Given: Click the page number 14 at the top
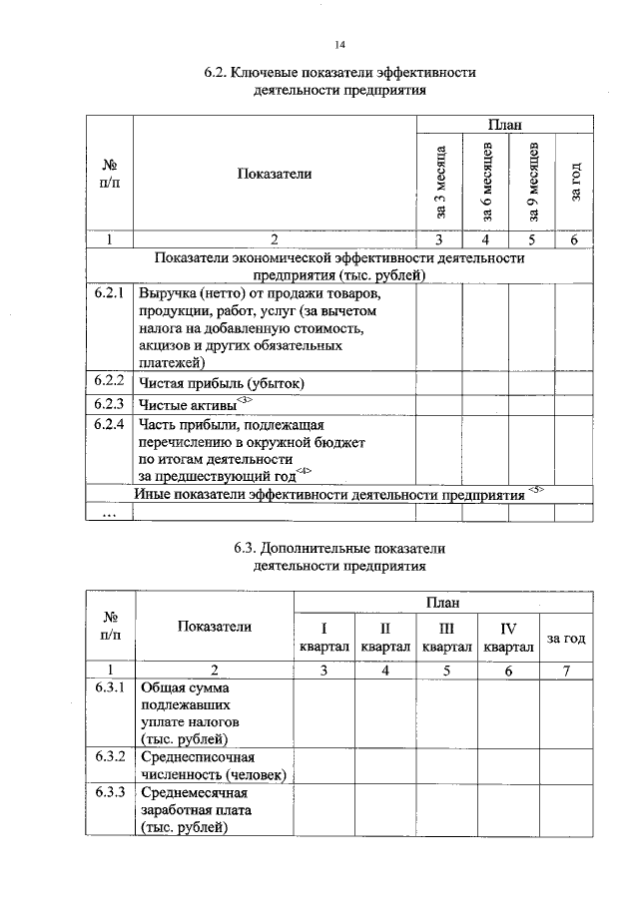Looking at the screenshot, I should click(339, 44).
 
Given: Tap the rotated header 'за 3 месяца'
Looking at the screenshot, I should click(440, 181).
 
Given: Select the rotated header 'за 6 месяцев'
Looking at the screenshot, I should click(486, 181).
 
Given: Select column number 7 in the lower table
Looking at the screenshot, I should click(566, 670).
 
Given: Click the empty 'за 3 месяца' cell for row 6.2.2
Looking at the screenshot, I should click(440, 383).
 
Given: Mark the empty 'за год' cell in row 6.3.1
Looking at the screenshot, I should click(566, 713).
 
